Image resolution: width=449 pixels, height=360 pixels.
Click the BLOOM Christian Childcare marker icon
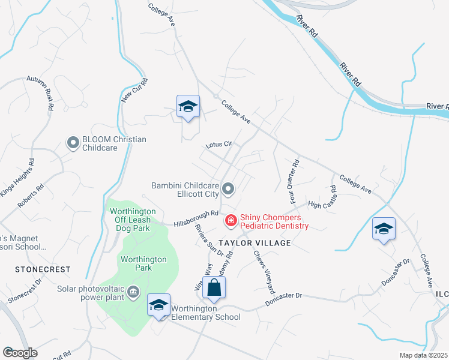[73, 143]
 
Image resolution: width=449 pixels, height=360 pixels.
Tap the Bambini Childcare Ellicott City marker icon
[228, 190]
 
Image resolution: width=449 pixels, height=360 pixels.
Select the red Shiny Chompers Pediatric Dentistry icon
[231, 221]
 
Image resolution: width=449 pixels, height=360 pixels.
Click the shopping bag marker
[214, 288]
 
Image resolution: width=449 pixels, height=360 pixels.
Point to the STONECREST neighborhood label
[43, 270]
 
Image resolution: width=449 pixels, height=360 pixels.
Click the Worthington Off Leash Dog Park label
[131, 220]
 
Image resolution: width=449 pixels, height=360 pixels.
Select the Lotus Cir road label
[218, 145]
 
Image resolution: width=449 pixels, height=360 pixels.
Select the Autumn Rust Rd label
[42, 91]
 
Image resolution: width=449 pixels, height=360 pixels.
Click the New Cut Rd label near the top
[135, 89]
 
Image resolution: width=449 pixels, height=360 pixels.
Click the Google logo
[20, 353]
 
